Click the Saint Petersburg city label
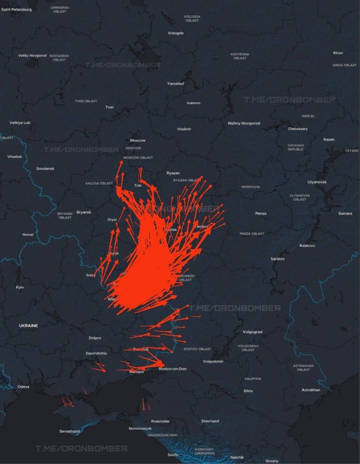click(x=16, y=9)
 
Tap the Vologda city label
click(x=176, y=33)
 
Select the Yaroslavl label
click(x=175, y=83)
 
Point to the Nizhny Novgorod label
click(x=244, y=123)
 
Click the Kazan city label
click(x=329, y=139)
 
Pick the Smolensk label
click(x=45, y=169)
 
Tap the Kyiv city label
click(x=20, y=287)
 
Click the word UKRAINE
click(x=28, y=326)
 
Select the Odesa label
click(x=23, y=386)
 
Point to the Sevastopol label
click(x=70, y=431)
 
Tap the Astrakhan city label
click(x=311, y=390)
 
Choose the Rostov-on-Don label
click(x=173, y=369)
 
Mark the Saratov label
click(x=278, y=259)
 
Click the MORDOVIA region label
click(x=251, y=187)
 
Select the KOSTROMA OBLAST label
click(x=240, y=56)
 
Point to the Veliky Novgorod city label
click(x=32, y=55)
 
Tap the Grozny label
click(x=272, y=461)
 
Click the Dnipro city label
click(x=95, y=338)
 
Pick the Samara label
click(x=345, y=213)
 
